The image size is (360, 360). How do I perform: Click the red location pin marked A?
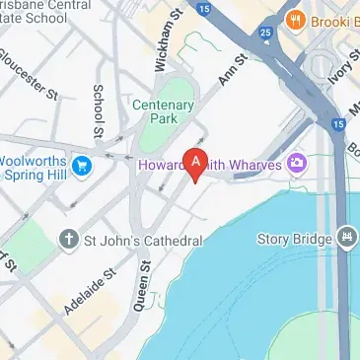pyautogui.click(x=196, y=163)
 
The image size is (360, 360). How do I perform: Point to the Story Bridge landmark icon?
pyautogui.click(x=346, y=238)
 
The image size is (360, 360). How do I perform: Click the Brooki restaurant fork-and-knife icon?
pyautogui.click(x=294, y=20)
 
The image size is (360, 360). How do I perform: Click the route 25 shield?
pyautogui.click(x=266, y=33)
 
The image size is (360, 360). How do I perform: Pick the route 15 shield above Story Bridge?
pyautogui.click(x=339, y=124)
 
